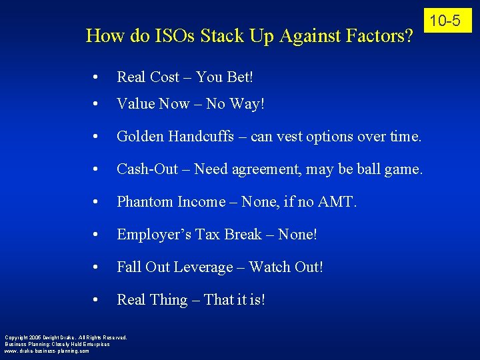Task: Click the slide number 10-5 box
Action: point(445,21)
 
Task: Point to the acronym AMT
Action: point(338,202)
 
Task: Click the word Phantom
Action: point(145,202)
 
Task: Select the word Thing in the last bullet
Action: point(169,300)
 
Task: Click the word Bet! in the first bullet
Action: point(239,77)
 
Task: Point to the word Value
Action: point(135,104)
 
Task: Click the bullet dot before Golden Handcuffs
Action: point(97,137)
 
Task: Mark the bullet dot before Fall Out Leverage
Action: point(97,268)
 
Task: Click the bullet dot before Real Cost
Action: point(97,78)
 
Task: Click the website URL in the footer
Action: point(47,351)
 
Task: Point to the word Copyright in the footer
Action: point(17,337)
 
